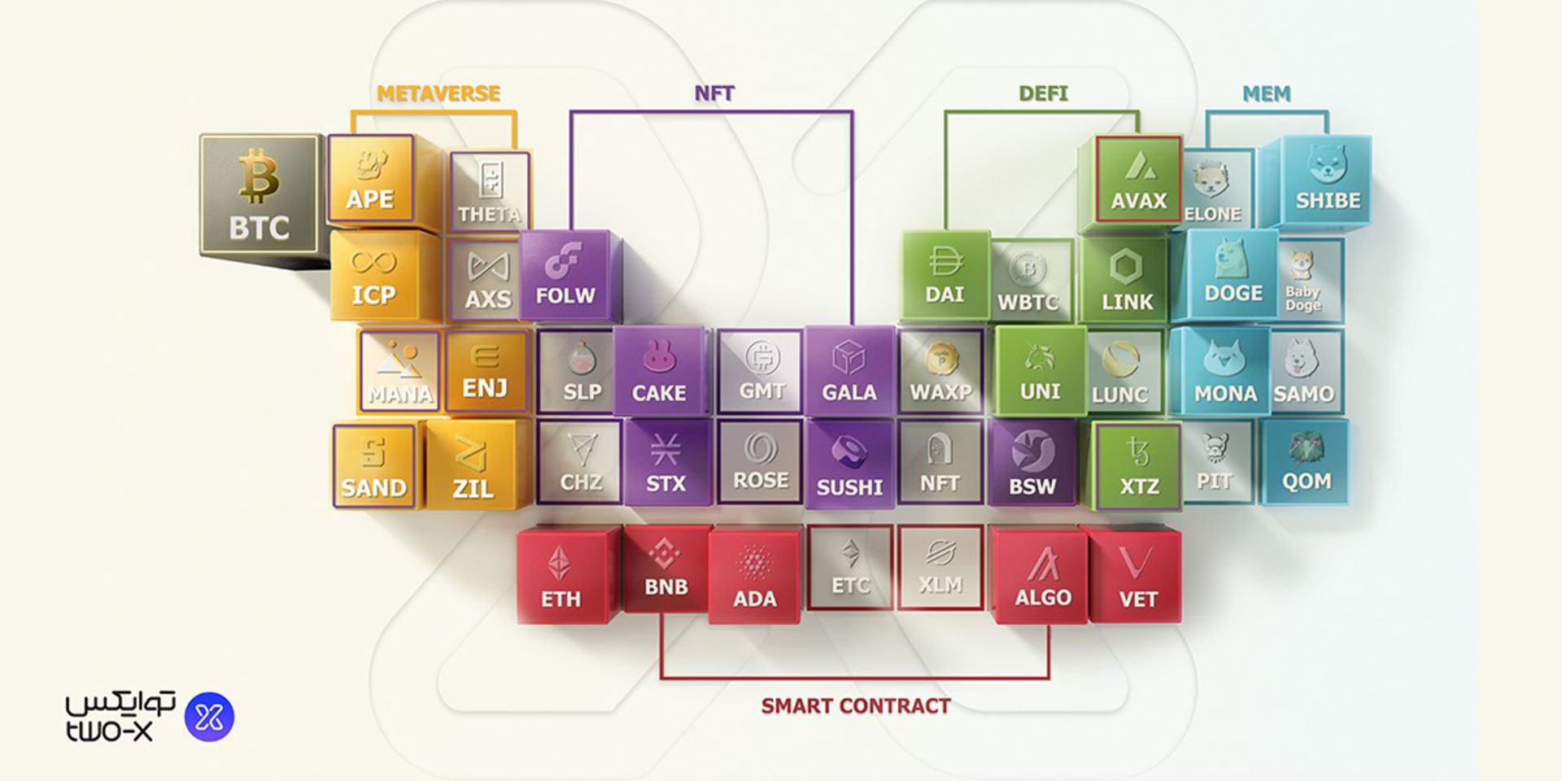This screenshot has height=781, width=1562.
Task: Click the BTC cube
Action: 259,195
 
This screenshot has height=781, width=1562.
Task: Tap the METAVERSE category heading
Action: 438,94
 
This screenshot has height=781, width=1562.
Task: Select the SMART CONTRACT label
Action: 856,706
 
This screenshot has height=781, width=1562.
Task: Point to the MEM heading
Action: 1266,94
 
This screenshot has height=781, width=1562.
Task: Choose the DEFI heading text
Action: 1043,94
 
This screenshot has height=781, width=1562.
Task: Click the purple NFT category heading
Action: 714,94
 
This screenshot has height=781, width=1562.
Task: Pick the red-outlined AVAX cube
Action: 1139,179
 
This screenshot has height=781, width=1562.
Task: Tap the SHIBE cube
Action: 1327,181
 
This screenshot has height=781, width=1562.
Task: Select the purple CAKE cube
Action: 659,373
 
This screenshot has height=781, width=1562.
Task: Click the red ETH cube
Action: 561,576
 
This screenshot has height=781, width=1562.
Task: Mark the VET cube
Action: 1137,576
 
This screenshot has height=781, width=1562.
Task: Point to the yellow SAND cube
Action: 373,466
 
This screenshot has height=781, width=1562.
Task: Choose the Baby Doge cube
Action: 1302,281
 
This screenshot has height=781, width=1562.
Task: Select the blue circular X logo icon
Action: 210,717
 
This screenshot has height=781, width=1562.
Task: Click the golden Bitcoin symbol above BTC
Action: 259,176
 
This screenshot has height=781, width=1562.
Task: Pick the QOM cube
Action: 1306,462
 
